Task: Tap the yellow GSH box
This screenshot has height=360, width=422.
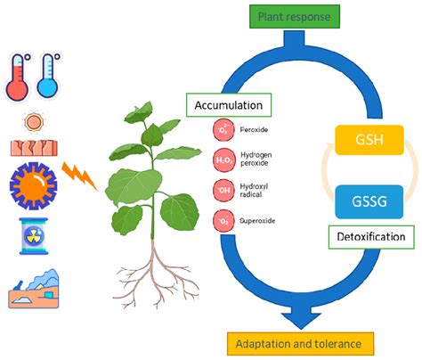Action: click(368, 142)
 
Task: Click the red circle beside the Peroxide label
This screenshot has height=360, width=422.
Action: click(222, 130)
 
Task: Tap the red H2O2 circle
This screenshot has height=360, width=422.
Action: click(222, 160)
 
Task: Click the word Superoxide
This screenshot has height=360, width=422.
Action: click(258, 219)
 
